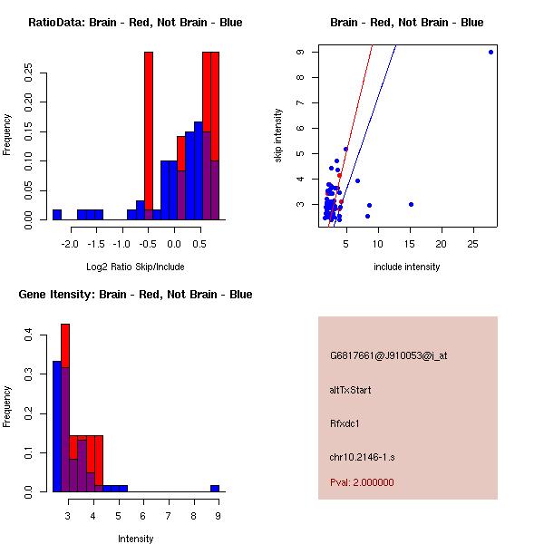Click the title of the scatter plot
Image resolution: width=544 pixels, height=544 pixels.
click(406, 23)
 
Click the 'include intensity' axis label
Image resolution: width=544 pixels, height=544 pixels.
click(406, 267)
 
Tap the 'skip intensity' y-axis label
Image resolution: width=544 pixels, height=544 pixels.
click(279, 136)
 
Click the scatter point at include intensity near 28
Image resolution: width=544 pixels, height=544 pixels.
click(491, 52)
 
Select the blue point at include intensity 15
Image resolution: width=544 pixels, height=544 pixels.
click(411, 204)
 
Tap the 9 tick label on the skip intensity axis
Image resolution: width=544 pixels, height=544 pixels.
click(298, 52)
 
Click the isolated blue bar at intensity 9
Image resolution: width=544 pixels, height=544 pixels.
click(215, 488)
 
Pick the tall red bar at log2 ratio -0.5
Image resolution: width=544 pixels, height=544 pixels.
click(149, 136)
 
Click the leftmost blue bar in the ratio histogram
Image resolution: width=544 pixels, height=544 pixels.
click(57, 215)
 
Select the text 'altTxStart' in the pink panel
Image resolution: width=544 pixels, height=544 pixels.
click(351, 390)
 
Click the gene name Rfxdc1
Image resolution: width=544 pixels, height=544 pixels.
click(345, 423)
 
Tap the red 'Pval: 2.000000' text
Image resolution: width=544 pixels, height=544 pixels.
click(362, 482)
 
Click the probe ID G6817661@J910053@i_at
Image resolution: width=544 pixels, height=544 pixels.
click(388, 355)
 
